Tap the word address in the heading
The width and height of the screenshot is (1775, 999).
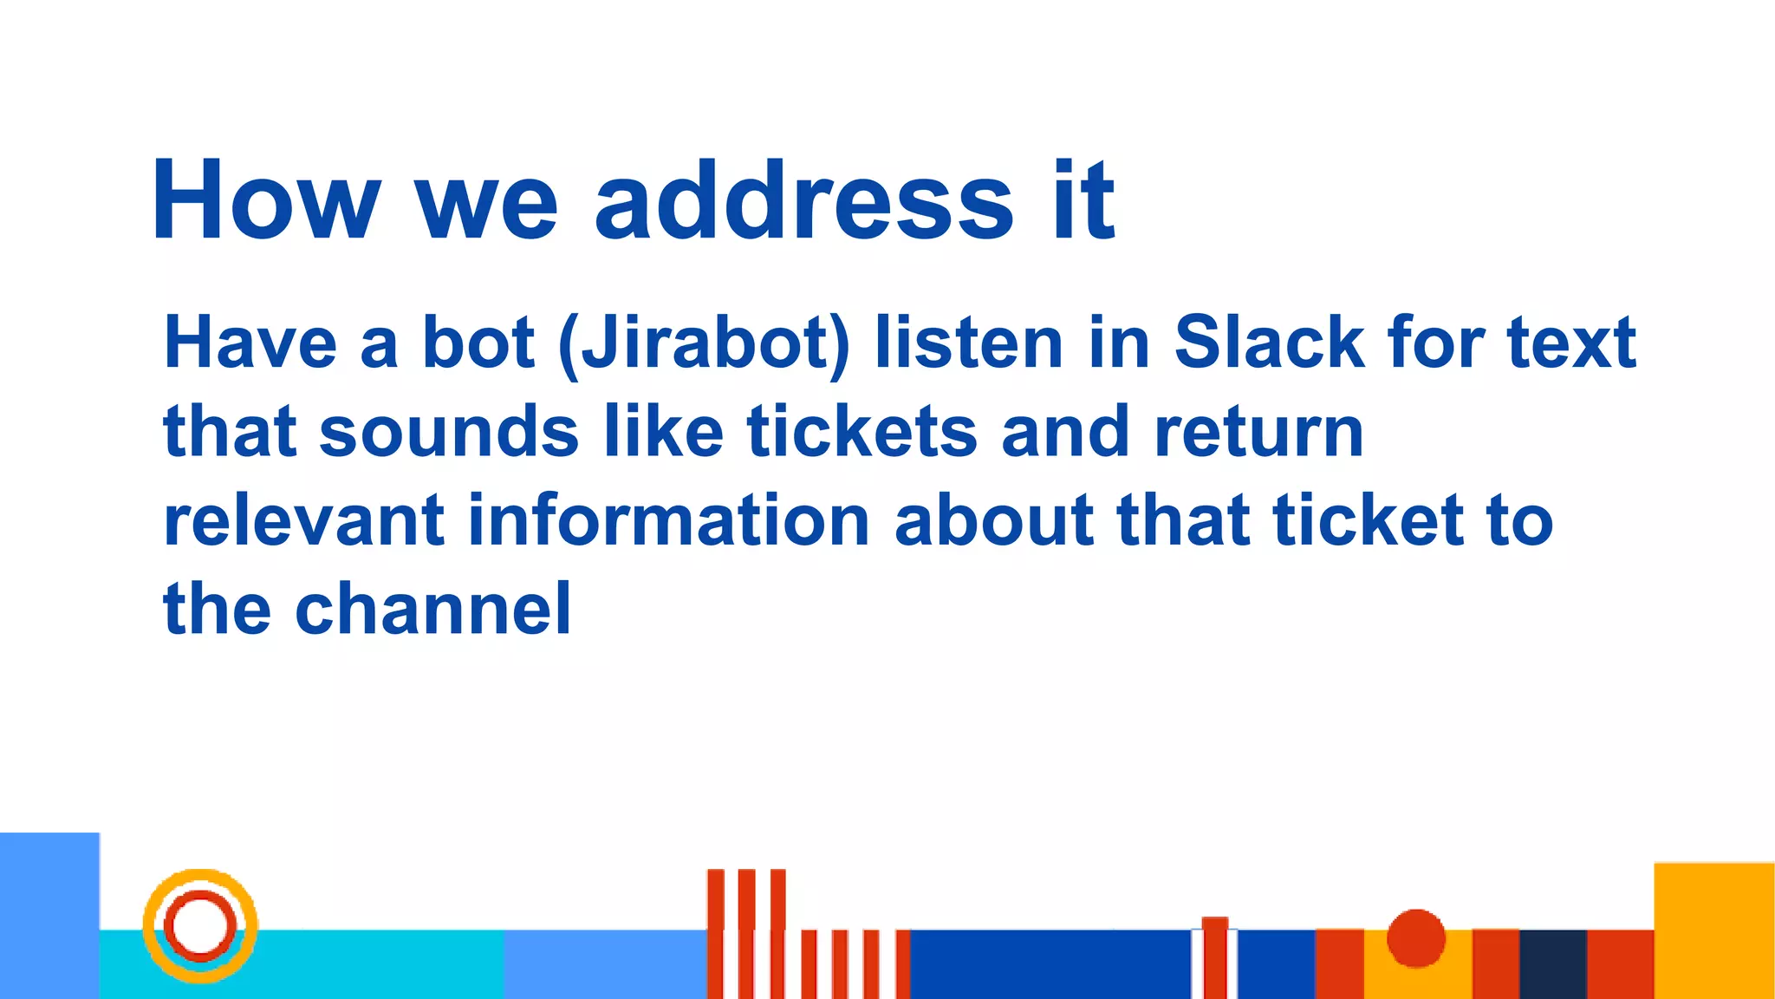pos(803,200)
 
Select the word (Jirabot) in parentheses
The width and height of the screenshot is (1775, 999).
pos(704,343)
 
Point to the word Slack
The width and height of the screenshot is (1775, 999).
pos(1269,343)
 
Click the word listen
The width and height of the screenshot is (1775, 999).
pos(968,343)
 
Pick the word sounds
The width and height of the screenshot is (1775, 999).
pos(449,432)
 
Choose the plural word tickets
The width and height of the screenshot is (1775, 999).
pos(861,432)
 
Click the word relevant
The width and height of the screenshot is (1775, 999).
pos(303,521)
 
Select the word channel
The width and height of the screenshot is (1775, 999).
pos(432,610)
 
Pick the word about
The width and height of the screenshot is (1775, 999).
pos(993,521)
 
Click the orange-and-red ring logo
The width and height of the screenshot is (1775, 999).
pos(200,925)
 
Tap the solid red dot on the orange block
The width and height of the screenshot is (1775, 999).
pos(1416,937)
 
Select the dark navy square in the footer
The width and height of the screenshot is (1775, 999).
pos(1553,963)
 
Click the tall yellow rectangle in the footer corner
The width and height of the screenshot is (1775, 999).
pos(1713,930)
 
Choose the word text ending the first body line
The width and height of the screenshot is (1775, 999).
pos(1570,343)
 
